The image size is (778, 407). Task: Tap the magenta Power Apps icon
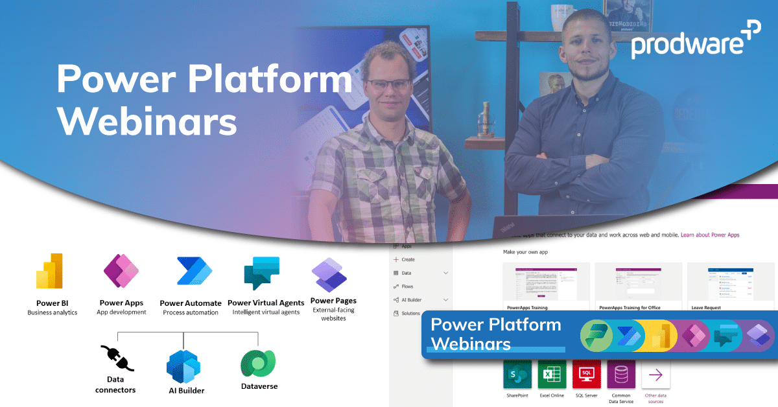[121, 271]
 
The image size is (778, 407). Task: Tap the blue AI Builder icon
[183, 364]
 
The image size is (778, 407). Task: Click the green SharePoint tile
[517, 374]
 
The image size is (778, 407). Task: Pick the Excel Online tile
[552, 374]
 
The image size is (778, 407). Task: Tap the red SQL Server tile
[587, 374]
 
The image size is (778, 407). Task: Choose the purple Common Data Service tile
[621, 374]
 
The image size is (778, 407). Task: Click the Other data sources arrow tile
[655, 375]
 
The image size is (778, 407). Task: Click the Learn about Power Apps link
[709, 235]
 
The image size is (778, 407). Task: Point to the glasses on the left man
[388, 84]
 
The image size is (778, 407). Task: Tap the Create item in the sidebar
[408, 260]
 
